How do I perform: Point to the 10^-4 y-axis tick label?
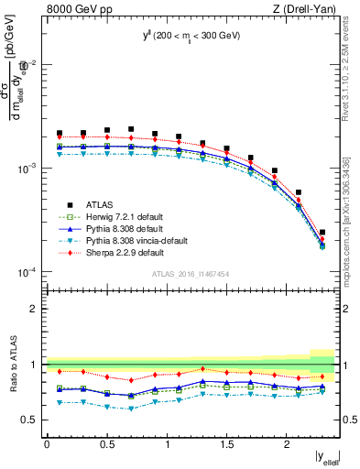pos(27,273)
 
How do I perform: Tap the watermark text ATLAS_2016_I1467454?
pos(191,275)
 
